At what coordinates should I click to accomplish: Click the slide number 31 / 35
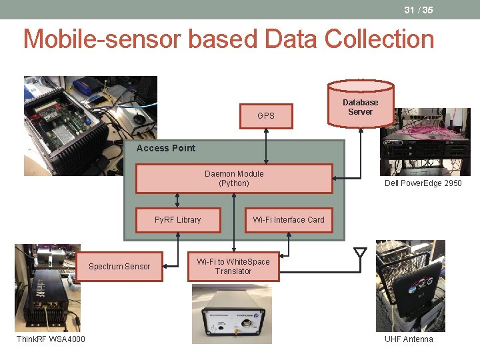tap(418, 10)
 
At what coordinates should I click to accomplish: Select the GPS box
tap(266, 115)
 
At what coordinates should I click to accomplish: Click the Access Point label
tap(166, 148)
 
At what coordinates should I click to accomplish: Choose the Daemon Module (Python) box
tap(234, 179)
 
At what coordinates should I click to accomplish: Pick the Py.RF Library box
tap(178, 219)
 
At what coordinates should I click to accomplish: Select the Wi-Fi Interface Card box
tap(288, 219)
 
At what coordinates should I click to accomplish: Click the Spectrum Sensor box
tap(119, 267)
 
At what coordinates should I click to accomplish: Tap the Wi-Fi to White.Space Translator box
tap(233, 267)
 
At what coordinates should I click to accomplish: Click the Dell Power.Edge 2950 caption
tap(423, 183)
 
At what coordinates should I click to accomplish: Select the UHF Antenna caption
tap(409, 339)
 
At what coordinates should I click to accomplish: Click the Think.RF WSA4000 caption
tap(51, 339)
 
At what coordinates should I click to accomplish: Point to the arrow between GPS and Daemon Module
tap(266, 145)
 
